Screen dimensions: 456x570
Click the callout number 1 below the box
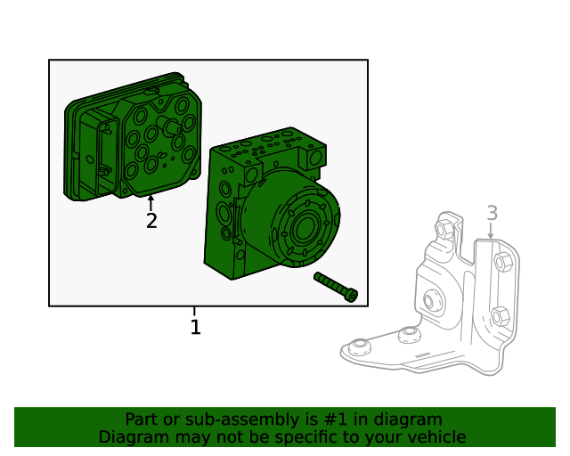point(195,328)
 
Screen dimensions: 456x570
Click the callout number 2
point(151,221)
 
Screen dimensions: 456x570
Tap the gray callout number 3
point(492,213)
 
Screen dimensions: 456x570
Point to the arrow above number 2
point(151,202)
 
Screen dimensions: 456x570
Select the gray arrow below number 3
point(491,231)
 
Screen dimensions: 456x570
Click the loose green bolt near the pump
point(336,286)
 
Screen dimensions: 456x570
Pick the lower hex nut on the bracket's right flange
point(500,315)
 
